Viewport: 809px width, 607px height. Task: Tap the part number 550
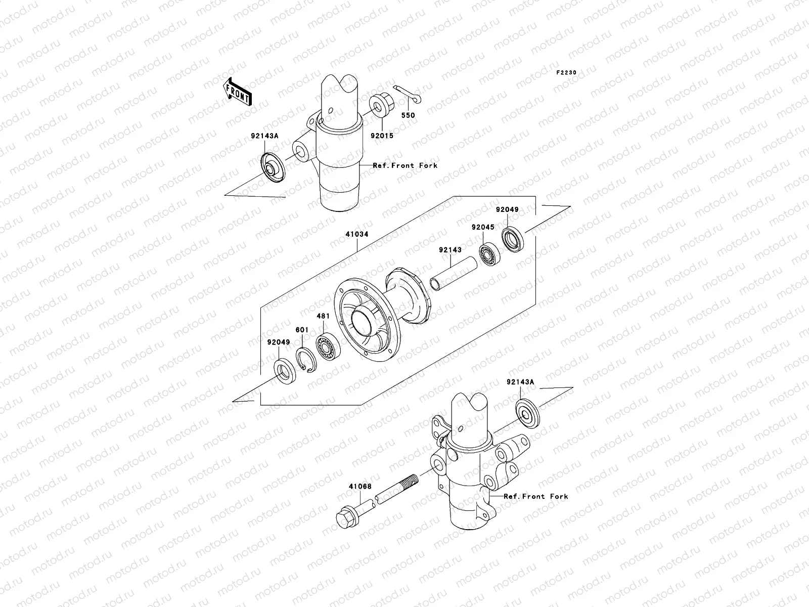[408, 115]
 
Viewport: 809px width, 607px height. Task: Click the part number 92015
[381, 136]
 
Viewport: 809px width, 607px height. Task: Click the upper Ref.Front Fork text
[405, 165]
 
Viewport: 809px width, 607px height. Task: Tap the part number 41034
[356, 235]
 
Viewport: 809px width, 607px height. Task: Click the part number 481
[323, 316]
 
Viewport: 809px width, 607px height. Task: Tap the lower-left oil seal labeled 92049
[287, 371]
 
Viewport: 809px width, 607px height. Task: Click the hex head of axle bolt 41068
[347, 516]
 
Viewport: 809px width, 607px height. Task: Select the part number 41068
[359, 487]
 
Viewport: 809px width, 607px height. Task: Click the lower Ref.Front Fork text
[536, 497]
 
